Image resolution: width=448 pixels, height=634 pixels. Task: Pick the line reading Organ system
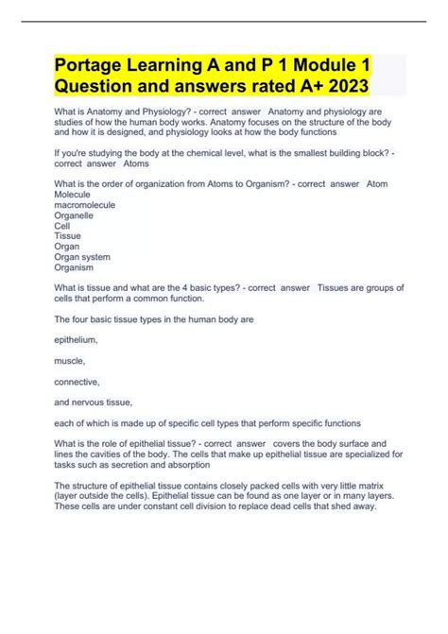[x=83, y=257]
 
